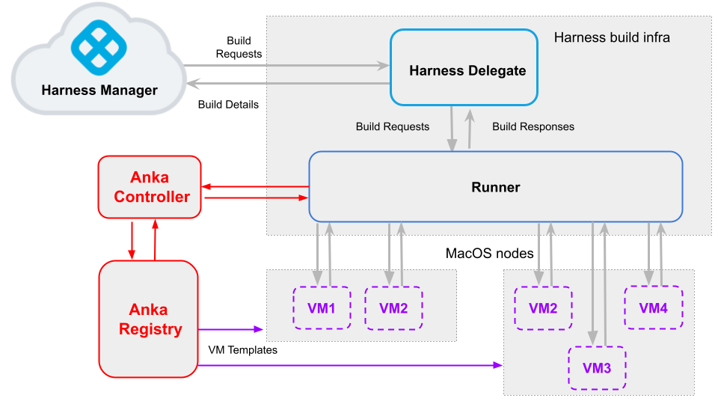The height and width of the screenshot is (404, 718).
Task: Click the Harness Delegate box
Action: [x=464, y=71]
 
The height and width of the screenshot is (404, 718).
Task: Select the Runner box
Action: [x=495, y=187]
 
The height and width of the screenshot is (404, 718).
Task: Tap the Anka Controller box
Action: [x=150, y=187]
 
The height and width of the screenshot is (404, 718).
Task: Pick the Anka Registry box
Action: [x=150, y=319]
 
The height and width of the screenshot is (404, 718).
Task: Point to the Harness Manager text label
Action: [x=99, y=91]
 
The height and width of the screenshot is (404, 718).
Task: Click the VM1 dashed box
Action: [x=322, y=307]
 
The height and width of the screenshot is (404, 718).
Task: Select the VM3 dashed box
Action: [x=597, y=367]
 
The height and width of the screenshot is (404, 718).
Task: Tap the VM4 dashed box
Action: [x=654, y=307]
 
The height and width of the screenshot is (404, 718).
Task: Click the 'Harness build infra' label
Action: [x=612, y=37]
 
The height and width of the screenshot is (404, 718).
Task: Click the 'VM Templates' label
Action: [x=242, y=349]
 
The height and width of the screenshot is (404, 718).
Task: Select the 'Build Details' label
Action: [x=228, y=105]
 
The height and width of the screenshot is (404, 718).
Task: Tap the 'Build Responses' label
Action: [x=533, y=126]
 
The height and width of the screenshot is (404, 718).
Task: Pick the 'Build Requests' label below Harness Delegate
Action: [x=393, y=126]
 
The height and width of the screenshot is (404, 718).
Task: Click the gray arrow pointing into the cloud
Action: [x=284, y=82]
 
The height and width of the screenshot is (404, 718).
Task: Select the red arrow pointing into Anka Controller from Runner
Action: [x=254, y=186]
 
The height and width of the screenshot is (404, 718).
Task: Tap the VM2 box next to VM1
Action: [x=393, y=307]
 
